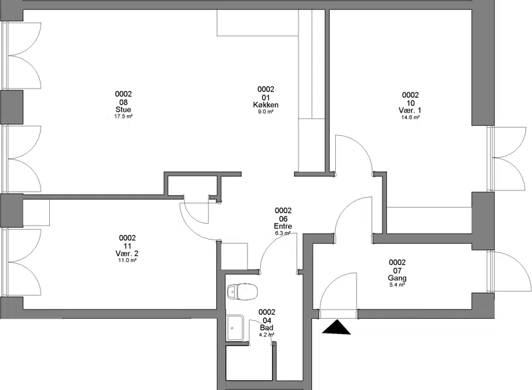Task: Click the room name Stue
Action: click(x=124, y=110)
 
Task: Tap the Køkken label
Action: click(x=265, y=105)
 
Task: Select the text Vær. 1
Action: click(x=410, y=110)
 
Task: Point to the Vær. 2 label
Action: click(x=127, y=254)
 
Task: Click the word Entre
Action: click(x=283, y=226)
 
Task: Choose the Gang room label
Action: click(x=397, y=278)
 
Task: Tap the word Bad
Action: click(x=267, y=328)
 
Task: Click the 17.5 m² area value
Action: click(x=124, y=116)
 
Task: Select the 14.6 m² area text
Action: click(x=410, y=117)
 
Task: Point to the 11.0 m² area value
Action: click(x=127, y=260)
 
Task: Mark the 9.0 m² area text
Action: click(x=265, y=112)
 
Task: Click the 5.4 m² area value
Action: click(x=397, y=285)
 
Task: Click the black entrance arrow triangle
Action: click(x=336, y=327)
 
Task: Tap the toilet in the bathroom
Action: click(x=243, y=292)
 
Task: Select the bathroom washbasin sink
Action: click(x=235, y=328)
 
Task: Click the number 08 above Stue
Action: click(x=124, y=102)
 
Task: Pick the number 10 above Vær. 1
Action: click(x=410, y=103)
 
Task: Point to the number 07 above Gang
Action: click(x=397, y=271)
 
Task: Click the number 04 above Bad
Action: click(x=267, y=320)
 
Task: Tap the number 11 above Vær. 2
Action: click(x=127, y=246)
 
